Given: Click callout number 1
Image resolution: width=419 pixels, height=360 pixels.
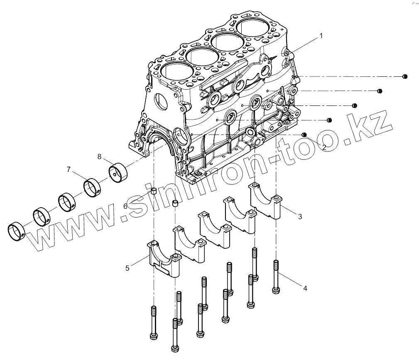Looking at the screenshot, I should [x=321, y=36].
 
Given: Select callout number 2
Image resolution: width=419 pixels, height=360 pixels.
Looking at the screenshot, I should [x=323, y=147].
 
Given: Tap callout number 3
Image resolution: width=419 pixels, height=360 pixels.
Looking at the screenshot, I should [x=299, y=216].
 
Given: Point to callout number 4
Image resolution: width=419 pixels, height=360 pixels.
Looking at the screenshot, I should [x=305, y=288].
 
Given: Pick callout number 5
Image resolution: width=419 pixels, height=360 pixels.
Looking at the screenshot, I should [x=127, y=268].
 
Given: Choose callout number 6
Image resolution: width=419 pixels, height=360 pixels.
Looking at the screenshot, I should [x=125, y=206].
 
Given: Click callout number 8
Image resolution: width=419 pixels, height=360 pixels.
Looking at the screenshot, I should [x=99, y=156].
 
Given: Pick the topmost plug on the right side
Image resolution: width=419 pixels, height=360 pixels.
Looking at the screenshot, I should [x=405, y=76].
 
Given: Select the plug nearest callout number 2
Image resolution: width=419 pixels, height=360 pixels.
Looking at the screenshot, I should [x=304, y=135].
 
